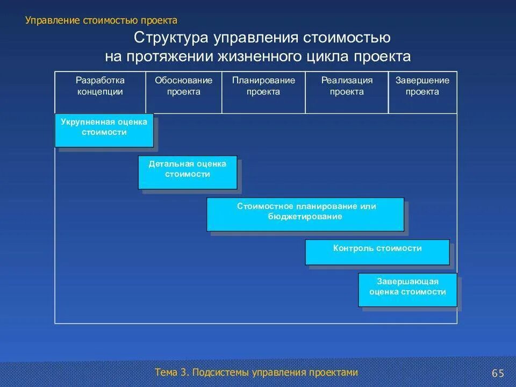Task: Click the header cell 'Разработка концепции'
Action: (x=100, y=86)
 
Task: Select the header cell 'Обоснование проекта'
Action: (x=183, y=86)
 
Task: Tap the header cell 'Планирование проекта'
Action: (x=263, y=86)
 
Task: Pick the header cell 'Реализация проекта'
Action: (x=347, y=86)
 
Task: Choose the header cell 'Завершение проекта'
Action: (x=422, y=86)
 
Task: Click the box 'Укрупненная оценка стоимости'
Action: (x=104, y=130)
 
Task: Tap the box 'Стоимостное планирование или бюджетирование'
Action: (x=305, y=214)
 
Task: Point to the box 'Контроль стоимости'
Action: (x=377, y=252)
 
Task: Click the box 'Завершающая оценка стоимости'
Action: (x=407, y=289)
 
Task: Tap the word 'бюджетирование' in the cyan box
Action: (x=305, y=217)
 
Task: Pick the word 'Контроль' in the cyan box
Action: (x=354, y=248)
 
